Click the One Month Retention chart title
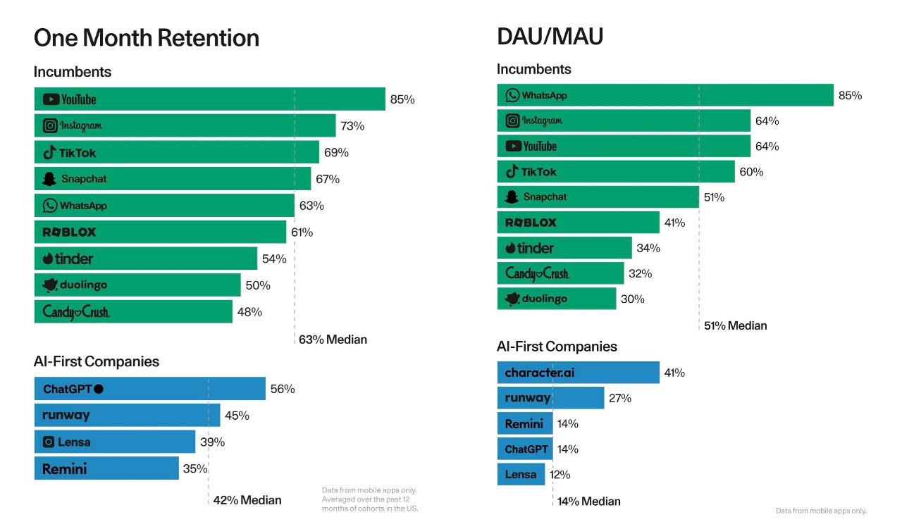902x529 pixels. pos(147,37)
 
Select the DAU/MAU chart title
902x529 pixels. pos(550,36)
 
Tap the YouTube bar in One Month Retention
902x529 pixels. pos(209,99)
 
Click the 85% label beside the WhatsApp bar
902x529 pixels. pos(850,95)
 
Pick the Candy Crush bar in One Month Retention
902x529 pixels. pos(133,311)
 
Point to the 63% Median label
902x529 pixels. pos(333,340)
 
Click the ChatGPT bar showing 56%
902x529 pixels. pos(149,389)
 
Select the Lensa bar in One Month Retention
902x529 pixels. pos(114,442)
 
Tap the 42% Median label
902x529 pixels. pos(247,500)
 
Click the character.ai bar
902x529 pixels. pos(578,373)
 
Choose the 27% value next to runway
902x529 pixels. pos(620,398)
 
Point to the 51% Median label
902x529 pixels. pos(736,325)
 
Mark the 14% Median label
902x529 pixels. pos(589,502)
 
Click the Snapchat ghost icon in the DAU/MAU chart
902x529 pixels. pos(512,197)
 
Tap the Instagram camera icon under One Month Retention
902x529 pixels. pos(50,126)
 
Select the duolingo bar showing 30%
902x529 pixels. pos(556,299)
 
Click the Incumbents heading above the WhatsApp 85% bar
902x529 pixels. pos(534,69)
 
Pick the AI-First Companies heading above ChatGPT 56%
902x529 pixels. pos(97,361)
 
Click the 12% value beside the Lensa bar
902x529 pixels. pos(560,474)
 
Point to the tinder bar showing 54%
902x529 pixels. pos(145,259)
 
